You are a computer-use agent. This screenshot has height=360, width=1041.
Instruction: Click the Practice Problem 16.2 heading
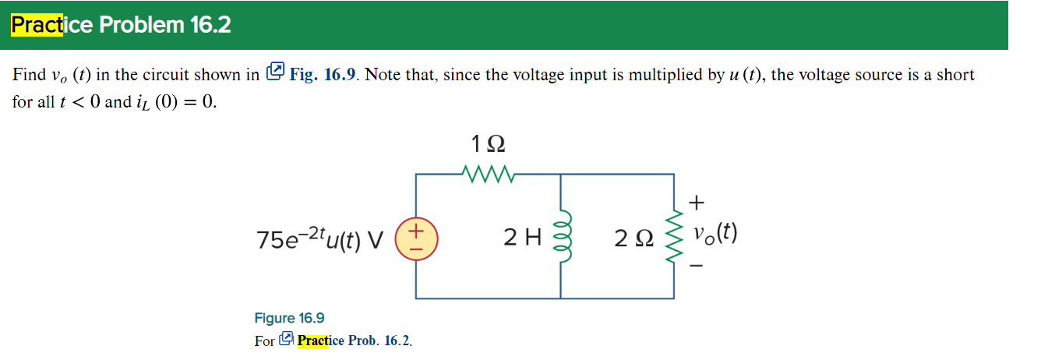pos(121,25)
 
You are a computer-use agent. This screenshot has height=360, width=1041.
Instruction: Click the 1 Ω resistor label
pos(488,144)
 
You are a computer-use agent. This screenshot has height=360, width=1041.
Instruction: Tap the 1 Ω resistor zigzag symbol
pos(488,171)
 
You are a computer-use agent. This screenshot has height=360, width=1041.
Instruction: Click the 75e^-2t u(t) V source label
pos(320,238)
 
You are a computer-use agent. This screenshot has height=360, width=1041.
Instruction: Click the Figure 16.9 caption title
pos(289,318)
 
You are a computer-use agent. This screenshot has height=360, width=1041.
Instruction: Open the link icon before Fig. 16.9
pos(276,73)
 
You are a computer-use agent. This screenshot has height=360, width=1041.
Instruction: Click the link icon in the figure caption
pos(286,340)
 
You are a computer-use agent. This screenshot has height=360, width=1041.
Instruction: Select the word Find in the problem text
pos(29,75)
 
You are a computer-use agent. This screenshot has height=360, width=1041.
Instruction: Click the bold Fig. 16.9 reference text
pos(323,75)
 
